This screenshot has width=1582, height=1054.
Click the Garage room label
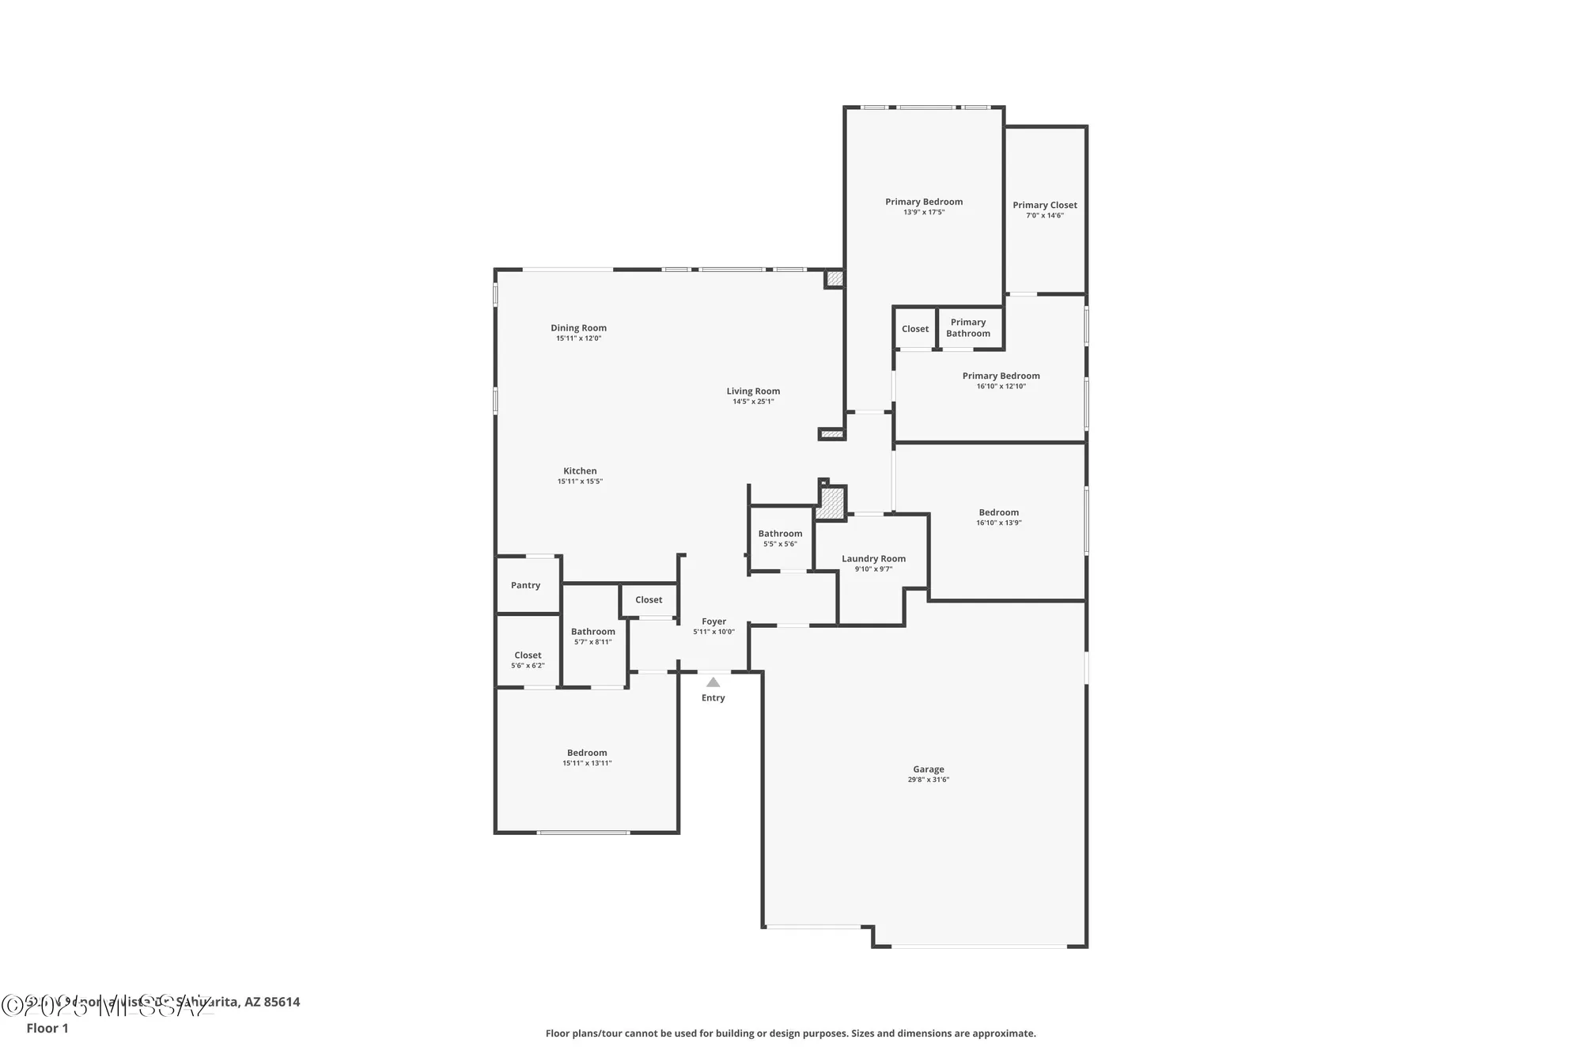(x=928, y=769)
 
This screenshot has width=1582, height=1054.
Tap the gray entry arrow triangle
(x=713, y=682)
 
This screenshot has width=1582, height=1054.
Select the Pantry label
(x=525, y=585)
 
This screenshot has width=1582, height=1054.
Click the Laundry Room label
(x=873, y=558)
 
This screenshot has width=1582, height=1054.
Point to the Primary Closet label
(x=1044, y=205)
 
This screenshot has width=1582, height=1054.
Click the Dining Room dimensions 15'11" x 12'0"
(x=578, y=338)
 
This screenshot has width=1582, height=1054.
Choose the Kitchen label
(x=580, y=470)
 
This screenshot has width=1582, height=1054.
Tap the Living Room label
(x=753, y=391)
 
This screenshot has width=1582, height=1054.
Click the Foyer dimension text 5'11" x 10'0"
(x=713, y=632)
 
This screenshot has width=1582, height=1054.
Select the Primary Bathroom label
(x=967, y=327)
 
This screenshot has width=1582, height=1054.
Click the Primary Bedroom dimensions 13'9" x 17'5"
(x=924, y=212)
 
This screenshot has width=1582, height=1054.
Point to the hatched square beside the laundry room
(x=831, y=504)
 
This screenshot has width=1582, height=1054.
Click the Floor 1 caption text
(x=47, y=1028)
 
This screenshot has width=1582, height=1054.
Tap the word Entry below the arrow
(x=713, y=697)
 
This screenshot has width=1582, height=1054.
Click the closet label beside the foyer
(x=648, y=599)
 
